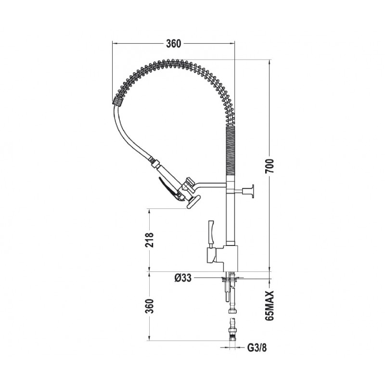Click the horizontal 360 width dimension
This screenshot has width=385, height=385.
[x=173, y=43]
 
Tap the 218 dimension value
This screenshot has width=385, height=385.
[x=149, y=240]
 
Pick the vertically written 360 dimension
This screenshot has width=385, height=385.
[x=149, y=306]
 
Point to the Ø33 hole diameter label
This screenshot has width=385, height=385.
[x=184, y=278]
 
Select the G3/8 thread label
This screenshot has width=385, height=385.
[x=255, y=346]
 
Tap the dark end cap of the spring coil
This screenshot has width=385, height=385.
[x=117, y=101]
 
